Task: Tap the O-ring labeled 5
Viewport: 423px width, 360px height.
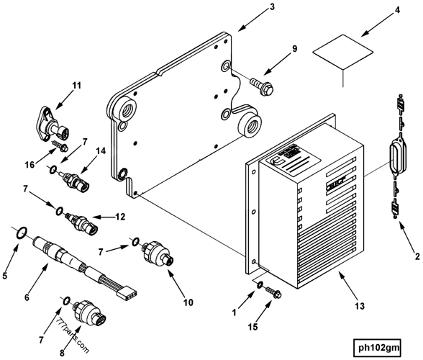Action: pyautogui.click(x=22, y=232)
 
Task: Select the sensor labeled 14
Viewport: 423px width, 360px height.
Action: pyautogui.click(x=73, y=179)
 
